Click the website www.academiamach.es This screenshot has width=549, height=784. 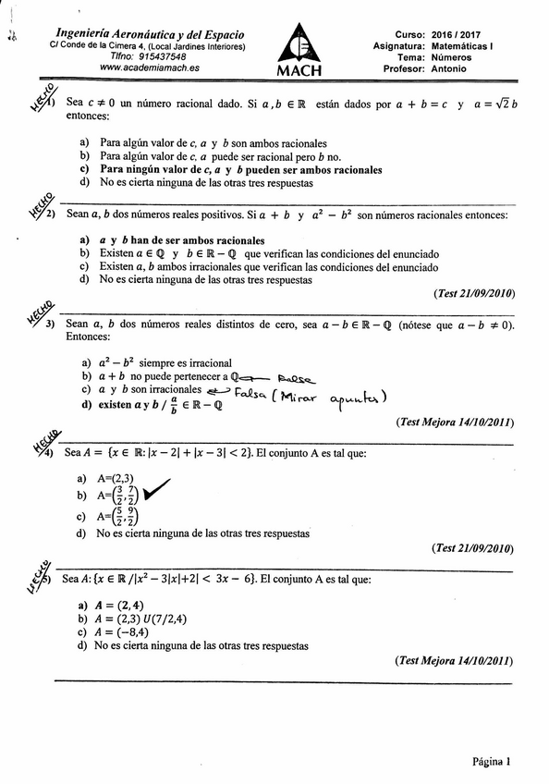pos(142,67)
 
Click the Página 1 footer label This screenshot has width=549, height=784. pos(491,762)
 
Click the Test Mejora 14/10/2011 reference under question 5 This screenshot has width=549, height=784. pos(453,660)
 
